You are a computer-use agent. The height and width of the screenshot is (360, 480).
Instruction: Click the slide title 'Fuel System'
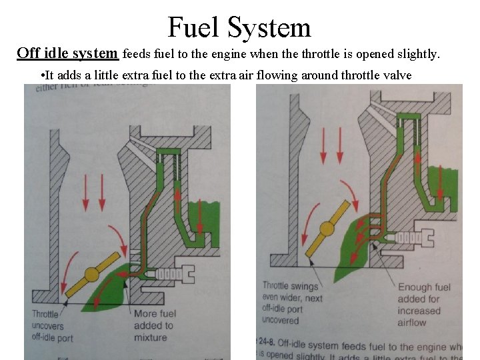pyautogui.click(x=239, y=27)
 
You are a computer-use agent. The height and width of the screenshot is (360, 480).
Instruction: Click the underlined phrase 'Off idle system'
pyautogui.click(x=69, y=53)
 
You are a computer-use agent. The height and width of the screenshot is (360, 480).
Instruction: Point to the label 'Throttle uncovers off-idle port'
pyautogui.click(x=53, y=325)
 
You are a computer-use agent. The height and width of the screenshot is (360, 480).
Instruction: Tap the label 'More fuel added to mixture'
pyautogui.click(x=154, y=325)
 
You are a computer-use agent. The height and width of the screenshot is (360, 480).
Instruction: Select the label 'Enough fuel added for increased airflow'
pyautogui.click(x=425, y=304)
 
